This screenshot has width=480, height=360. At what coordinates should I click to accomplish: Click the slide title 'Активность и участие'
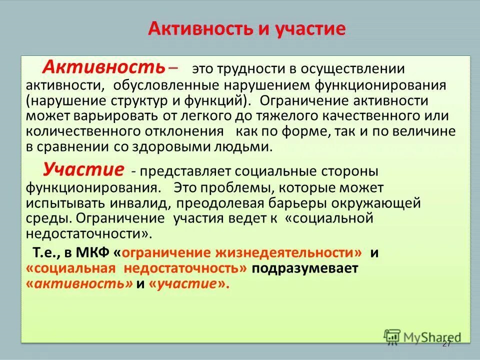coord(246,28)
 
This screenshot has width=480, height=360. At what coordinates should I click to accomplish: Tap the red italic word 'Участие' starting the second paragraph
coord(82,169)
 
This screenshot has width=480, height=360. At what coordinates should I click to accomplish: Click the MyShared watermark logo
coord(422,336)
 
